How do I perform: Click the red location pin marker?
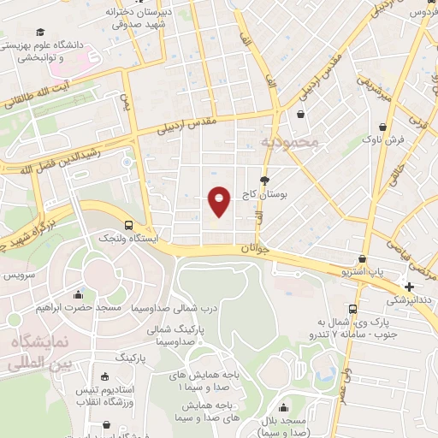[x=220, y=200]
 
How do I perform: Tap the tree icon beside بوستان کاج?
[x=264, y=181]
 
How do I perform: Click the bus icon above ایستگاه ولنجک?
[x=128, y=225]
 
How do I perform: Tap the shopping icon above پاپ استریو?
[x=364, y=258]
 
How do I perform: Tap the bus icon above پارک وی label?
[x=352, y=310]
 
